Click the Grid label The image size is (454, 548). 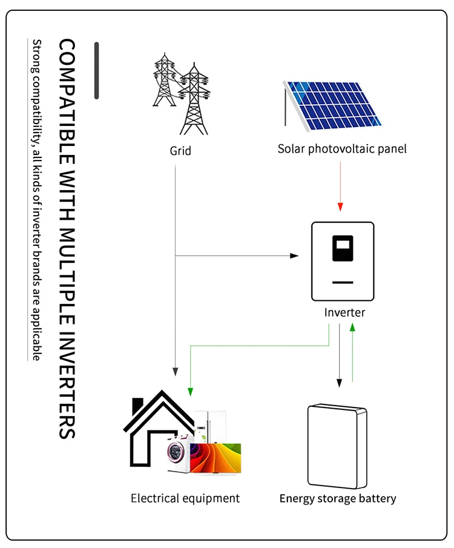pos(180,151)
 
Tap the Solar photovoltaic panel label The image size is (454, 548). pos(342,148)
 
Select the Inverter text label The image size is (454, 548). pos(344,312)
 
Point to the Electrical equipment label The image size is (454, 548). pos(185,498)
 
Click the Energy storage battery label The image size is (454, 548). pos(337,499)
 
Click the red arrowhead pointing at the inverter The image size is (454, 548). pos(340,206)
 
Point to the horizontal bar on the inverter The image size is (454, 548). pos(343,282)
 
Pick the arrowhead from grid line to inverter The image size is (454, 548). pos(294,256)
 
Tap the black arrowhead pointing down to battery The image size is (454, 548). pos(340,383)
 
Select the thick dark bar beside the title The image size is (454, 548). pos(96,70)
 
